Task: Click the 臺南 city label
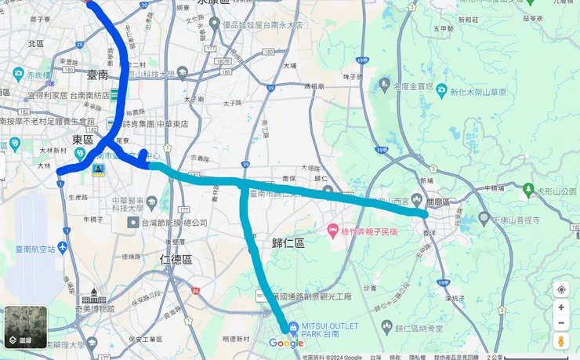click(x=99, y=75)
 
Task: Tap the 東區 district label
click(x=82, y=140)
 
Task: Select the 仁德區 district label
click(x=176, y=258)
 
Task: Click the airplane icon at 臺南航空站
click(x=63, y=248)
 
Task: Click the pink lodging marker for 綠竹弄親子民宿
click(x=333, y=231)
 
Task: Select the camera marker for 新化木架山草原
click(x=442, y=91)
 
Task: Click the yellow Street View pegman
click(x=561, y=340)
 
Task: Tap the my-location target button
click(x=561, y=289)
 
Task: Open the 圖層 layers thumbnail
click(x=26, y=326)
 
